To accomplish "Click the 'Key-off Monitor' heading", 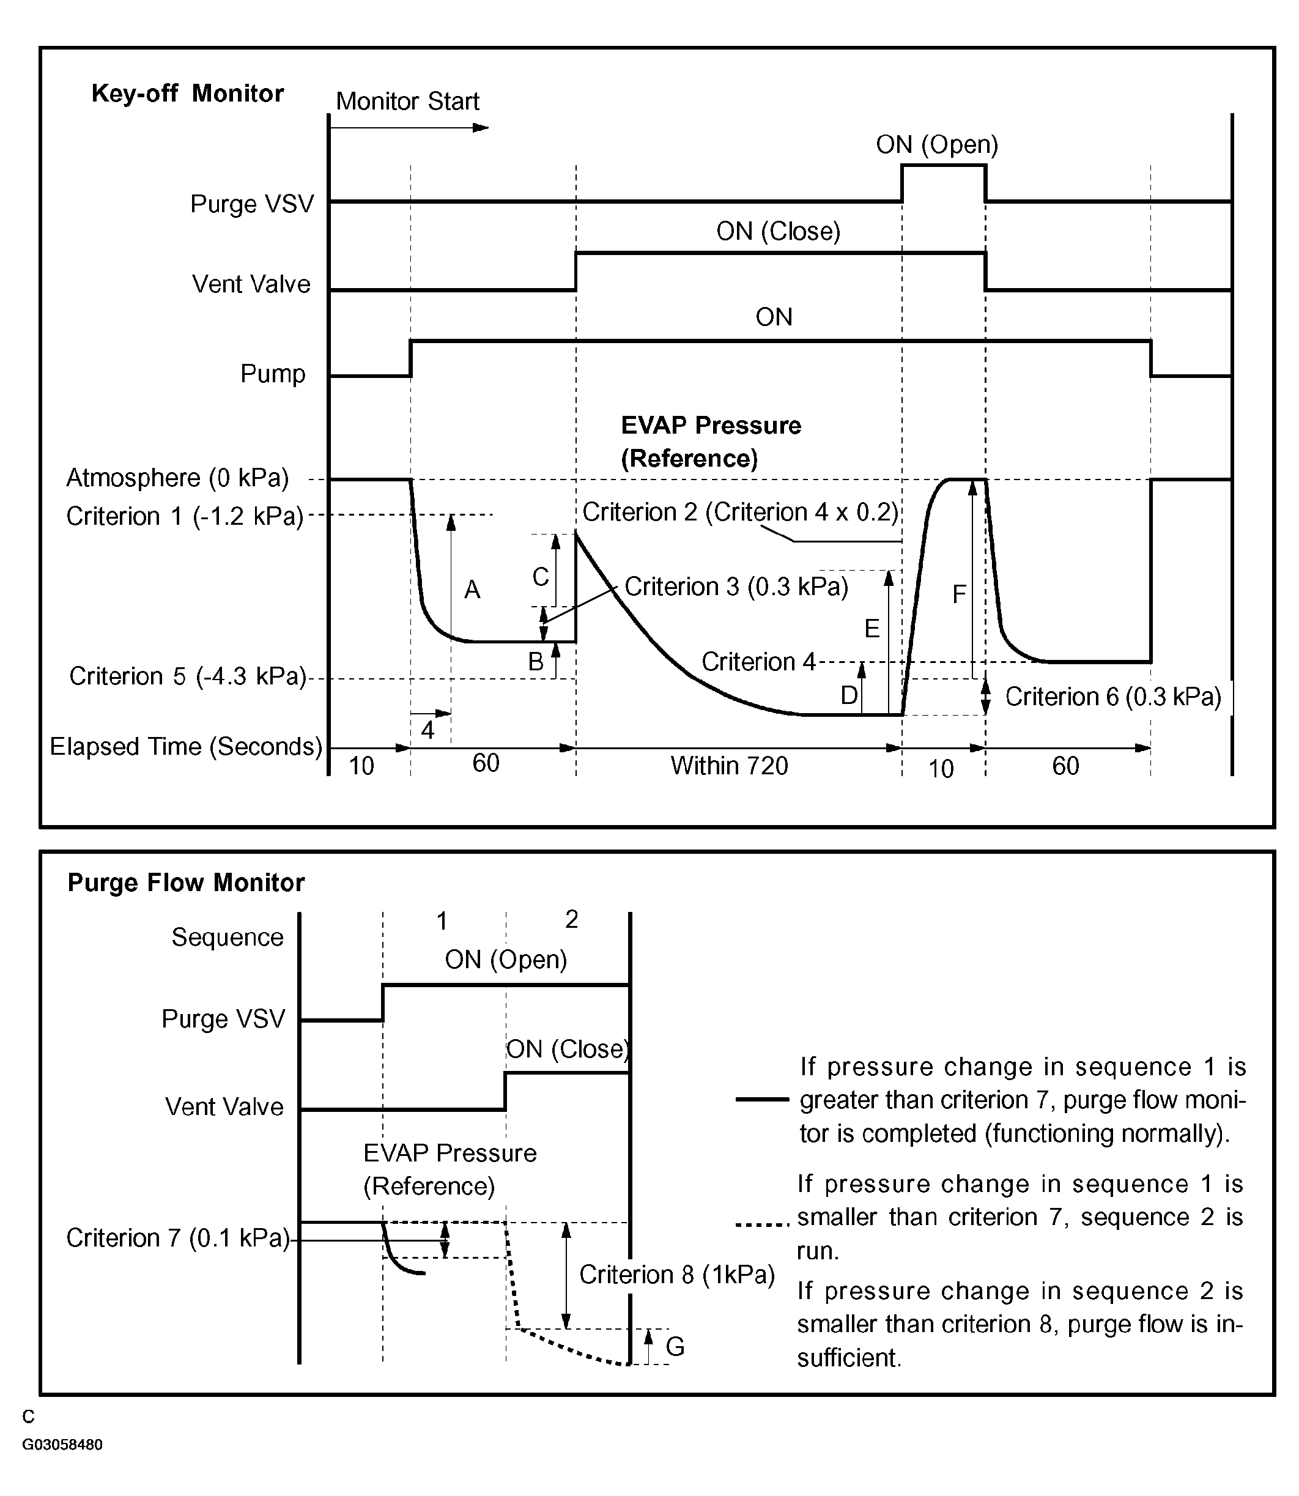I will point(187,94).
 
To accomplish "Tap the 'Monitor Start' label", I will point(407,102).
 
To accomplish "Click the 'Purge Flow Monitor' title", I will point(185,882).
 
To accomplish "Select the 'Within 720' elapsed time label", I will point(728,765).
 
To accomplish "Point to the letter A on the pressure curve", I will point(472,590).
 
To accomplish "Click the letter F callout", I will point(958,595).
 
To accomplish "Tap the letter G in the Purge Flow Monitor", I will point(675,1347).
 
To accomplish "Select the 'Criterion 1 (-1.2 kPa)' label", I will point(185,516).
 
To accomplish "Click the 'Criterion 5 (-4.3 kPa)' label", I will point(188,676).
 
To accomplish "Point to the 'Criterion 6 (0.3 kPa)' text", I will point(1112,697).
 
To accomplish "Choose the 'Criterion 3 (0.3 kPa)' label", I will point(736,587).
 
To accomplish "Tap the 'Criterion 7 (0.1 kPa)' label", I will point(177,1238).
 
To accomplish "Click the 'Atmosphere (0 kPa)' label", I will point(177,478).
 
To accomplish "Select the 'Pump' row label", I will point(273,374).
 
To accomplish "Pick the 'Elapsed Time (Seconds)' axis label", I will point(185,747).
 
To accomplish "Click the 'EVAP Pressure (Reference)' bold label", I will point(711,442).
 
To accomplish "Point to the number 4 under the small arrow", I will point(427,730).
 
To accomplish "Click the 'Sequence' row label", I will point(228,937).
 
